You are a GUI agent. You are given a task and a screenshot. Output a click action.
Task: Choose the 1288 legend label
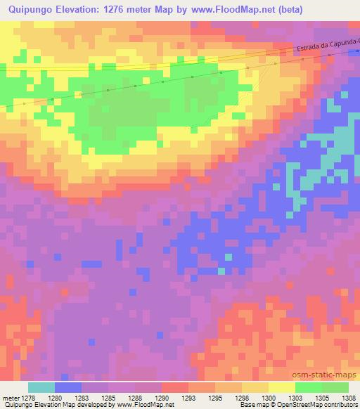(x=143, y=397)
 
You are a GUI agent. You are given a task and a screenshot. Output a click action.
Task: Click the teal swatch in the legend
(x=41, y=387)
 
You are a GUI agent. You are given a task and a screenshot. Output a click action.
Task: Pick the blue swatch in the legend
(x=68, y=387)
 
